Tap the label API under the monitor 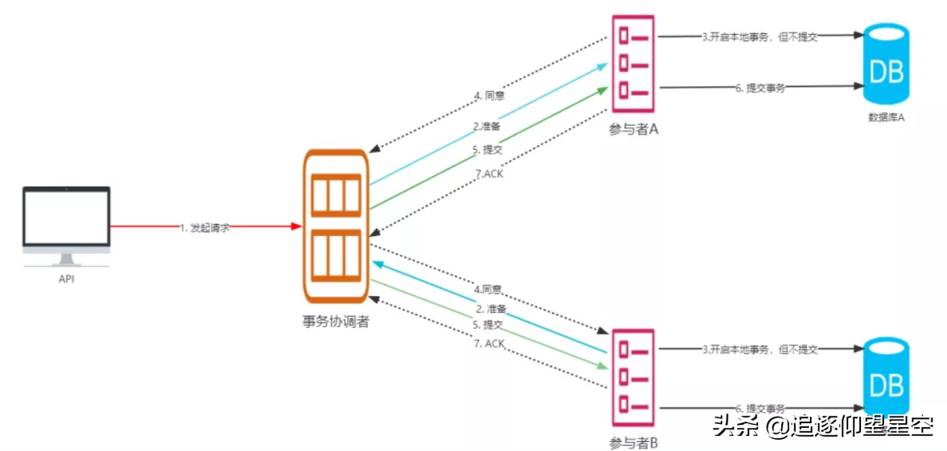(67, 279)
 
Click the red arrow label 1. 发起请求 (204, 227)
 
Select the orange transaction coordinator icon (336, 225)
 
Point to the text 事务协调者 (336, 322)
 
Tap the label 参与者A (633, 129)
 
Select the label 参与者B (633, 442)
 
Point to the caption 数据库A (886, 117)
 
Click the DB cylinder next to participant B (886, 382)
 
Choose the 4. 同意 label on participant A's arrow (488, 96)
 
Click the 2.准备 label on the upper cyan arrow (486, 127)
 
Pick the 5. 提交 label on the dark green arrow (487, 149)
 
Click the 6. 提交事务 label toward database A (760, 88)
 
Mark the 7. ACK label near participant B (490, 343)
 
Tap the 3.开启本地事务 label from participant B (759, 349)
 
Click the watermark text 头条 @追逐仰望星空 (823, 426)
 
